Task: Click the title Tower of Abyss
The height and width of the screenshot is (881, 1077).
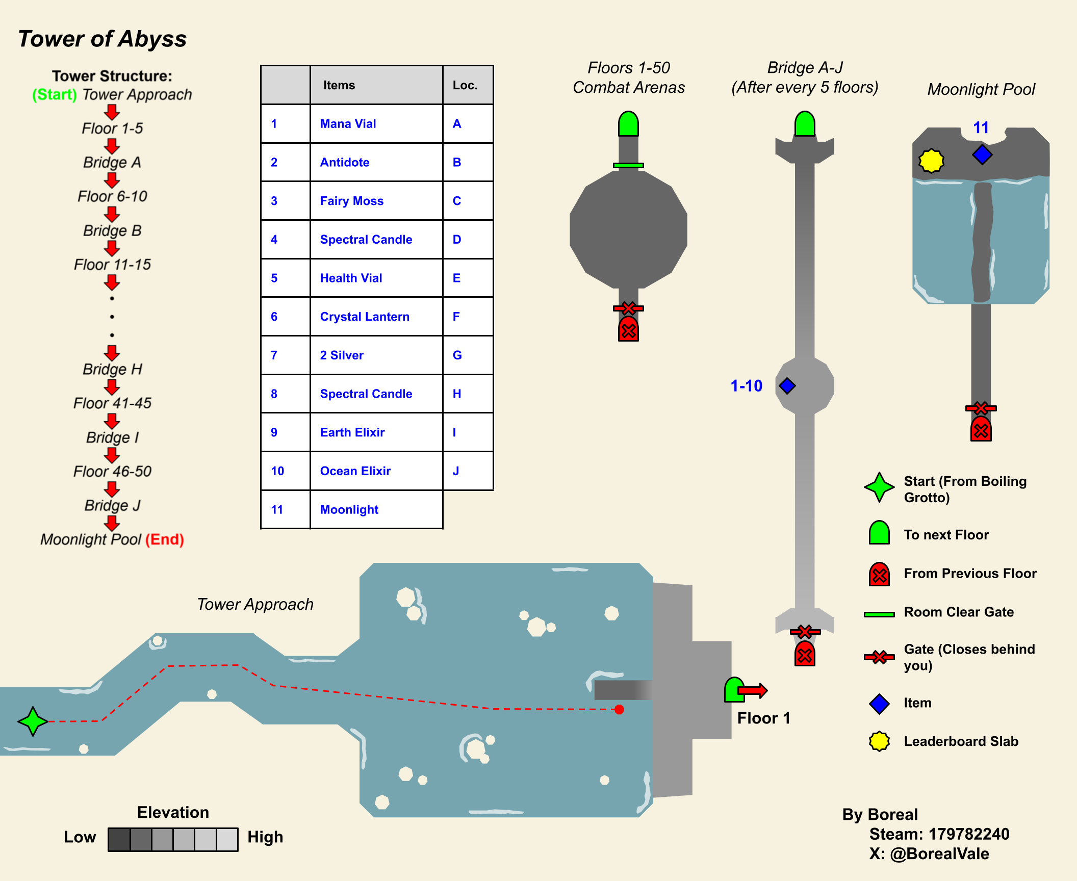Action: click(102, 39)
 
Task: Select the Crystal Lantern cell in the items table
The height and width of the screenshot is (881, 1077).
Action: click(365, 317)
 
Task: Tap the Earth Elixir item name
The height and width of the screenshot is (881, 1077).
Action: click(352, 432)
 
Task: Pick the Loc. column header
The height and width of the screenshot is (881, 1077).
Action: click(465, 85)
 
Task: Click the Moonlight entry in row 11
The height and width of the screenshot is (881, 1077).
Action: click(349, 509)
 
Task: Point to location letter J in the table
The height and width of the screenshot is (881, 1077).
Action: click(456, 471)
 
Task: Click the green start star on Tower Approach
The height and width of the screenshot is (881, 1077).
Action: click(33, 721)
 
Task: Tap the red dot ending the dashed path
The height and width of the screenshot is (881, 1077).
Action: click(619, 709)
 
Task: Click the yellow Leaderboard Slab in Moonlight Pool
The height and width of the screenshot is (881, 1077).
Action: click(931, 161)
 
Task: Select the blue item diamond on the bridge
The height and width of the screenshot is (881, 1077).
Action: click(787, 386)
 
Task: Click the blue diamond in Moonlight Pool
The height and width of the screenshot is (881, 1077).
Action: click(982, 154)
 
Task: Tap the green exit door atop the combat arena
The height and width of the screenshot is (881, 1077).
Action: click(628, 124)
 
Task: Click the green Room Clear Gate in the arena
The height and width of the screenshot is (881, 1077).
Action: click(628, 165)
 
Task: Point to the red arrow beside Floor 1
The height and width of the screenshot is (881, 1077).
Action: click(753, 690)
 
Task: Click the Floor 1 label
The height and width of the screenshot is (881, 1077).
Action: click(763, 718)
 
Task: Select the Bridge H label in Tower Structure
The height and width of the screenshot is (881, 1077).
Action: click(113, 369)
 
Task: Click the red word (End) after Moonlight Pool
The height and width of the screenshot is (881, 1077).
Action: click(165, 539)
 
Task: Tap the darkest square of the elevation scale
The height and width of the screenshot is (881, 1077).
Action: click(119, 839)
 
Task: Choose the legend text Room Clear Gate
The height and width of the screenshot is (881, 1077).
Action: click(959, 612)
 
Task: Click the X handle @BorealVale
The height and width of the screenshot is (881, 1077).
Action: click(939, 854)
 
